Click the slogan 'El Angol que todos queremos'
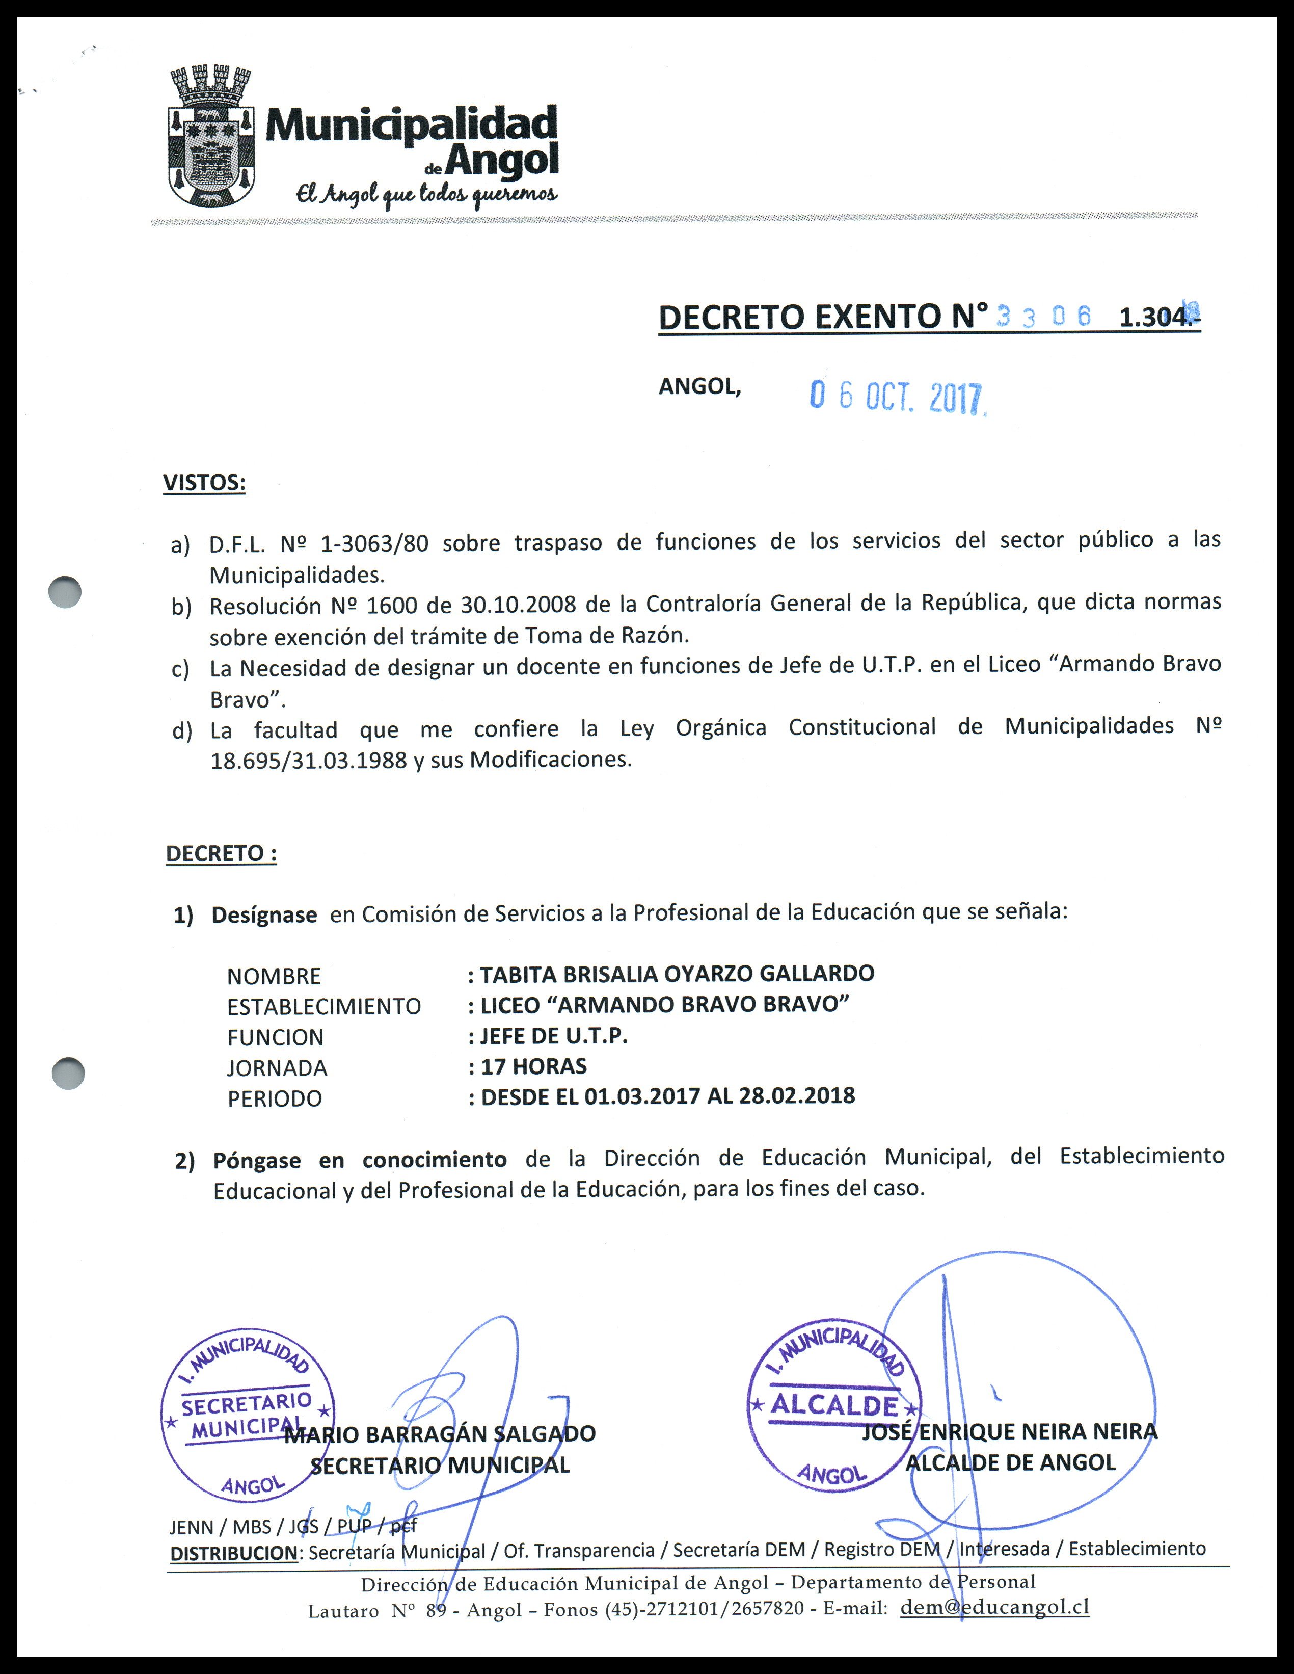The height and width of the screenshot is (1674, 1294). pos(427,195)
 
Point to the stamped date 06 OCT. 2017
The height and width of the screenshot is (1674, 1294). pos(897,397)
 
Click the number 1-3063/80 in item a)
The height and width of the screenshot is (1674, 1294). pos(374,543)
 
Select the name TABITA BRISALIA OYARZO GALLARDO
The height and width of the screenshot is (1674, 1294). pos(677,974)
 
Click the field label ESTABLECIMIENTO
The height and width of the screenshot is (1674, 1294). pos(323,1006)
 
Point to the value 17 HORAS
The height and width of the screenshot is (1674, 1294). pos(533,1066)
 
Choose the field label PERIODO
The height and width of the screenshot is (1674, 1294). pos(274,1098)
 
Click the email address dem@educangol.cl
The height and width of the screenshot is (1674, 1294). pos(994,1607)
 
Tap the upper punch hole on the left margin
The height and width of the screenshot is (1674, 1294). pos(65,592)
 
